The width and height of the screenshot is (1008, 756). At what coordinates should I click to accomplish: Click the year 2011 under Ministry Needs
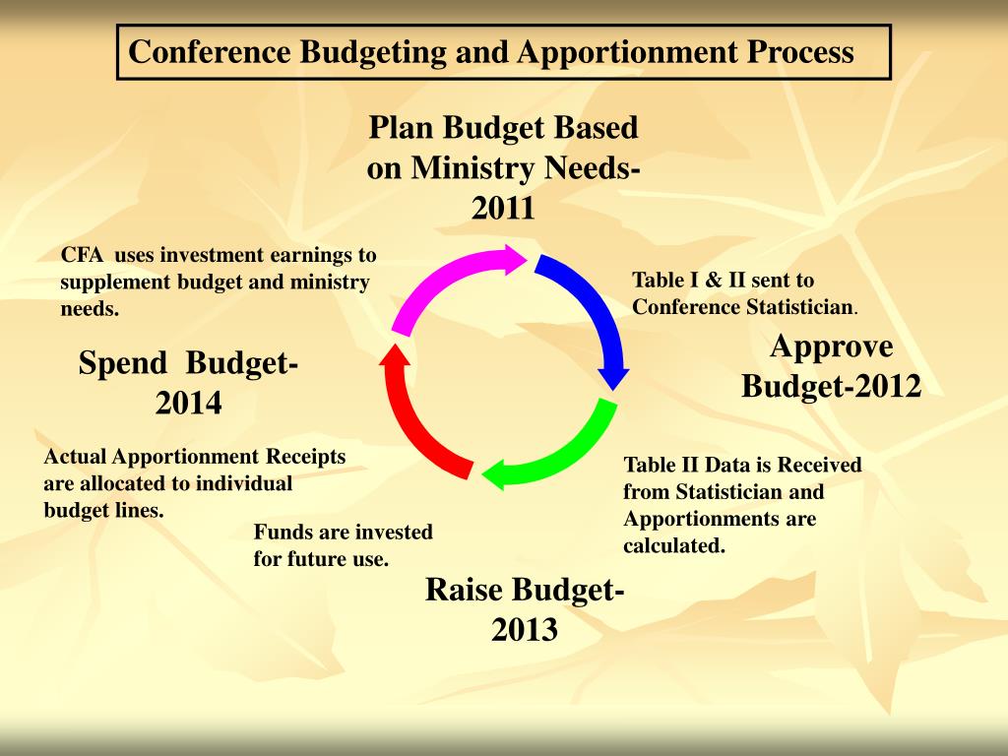click(x=503, y=209)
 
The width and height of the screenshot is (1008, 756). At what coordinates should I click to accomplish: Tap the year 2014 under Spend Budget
click(x=188, y=403)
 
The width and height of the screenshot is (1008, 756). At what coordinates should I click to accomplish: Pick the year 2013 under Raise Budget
click(x=525, y=629)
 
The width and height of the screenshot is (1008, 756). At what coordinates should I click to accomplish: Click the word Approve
click(x=832, y=346)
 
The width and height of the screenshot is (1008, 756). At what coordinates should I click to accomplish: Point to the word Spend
click(x=123, y=363)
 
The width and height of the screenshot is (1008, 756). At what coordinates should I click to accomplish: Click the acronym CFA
click(x=83, y=256)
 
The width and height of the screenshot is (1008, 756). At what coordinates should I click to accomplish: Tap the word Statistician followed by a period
click(x=798, y=307)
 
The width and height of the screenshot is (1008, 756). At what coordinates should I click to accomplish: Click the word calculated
click(x=673, y=545)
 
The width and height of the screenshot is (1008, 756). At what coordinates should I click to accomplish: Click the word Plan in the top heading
click(x=401, y=128)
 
